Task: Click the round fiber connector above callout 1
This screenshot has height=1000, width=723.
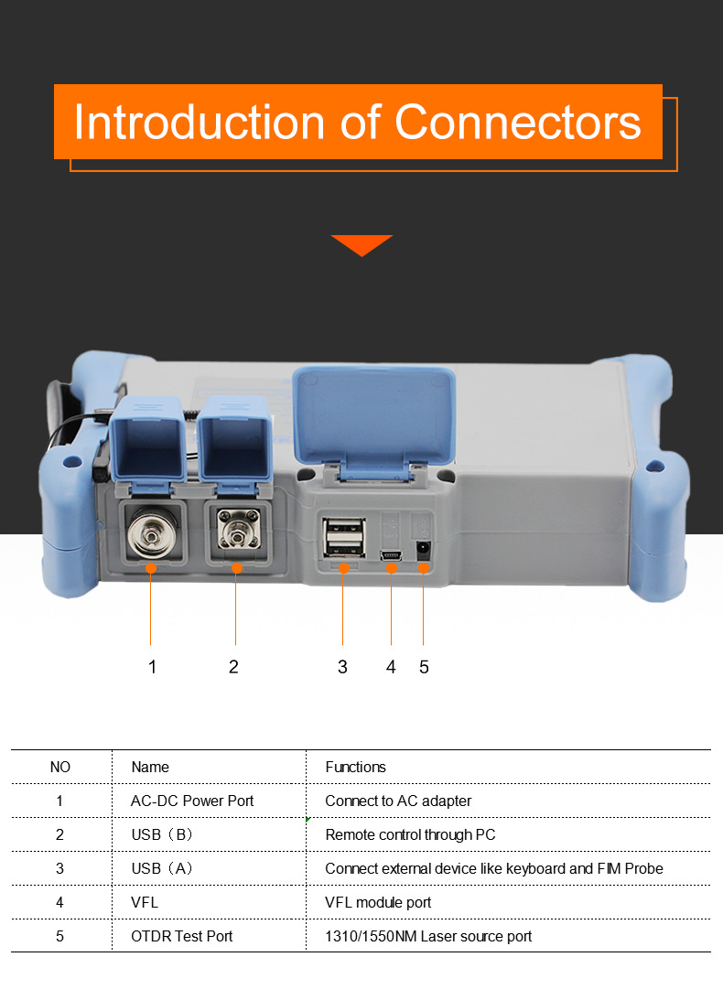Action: pyautogui.click(x=150, y=536)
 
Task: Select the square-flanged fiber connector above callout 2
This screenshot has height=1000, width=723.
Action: pyautogui.click(x=238, y=529)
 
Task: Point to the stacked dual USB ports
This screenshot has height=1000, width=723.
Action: pyautogui.click(x=344, y=536)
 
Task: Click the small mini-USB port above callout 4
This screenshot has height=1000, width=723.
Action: pyautogui.click(x=391, y=555)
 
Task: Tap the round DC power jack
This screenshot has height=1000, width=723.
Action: pyautogui.click(x=423, y=549)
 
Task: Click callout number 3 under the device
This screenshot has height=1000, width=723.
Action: pyautogui.click(x=342, y=667)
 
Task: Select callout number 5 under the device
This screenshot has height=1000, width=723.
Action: pyautogui.click(x=424, y=667)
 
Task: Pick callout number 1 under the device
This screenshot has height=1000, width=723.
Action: pyautogui.click(x=152, y=667)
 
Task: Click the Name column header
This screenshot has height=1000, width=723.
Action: pyautogui.click(x=150, y=767)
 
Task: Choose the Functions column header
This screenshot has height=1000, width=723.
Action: pyautogui.click(x=355, y=767)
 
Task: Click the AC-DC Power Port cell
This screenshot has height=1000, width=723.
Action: pyautogui.click(x=192, y=801)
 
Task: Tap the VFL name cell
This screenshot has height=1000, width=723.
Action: pyautogui.click(x=145, y=902)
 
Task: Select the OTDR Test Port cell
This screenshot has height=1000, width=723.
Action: pyautogui.click(x=182, y=936)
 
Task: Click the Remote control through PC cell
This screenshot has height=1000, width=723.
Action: pyautogui.click(x=410, y=834)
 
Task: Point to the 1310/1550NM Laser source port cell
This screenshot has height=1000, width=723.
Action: pyautogui.click(x=428, y=936)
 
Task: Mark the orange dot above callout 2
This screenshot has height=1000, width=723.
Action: pyautogui.click(x=237, y=568)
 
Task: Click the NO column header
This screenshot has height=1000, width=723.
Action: pyautogui.click(x=60, y=767)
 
